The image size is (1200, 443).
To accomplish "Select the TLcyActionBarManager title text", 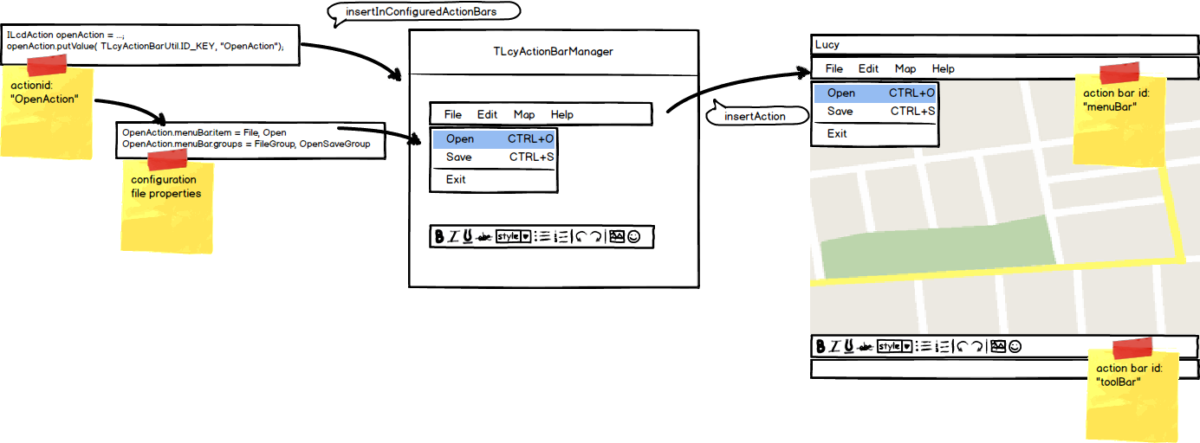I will [x=553, y=52].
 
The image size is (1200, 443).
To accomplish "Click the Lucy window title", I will [x=827, y=45].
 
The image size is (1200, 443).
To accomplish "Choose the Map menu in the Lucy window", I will [x=905, y=69].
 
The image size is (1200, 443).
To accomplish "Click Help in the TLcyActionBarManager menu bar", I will [x=561, y=114].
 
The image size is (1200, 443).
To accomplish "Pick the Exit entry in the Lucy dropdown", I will [x=837, y=134].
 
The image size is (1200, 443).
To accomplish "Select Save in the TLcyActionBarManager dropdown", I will [x=458, y=157].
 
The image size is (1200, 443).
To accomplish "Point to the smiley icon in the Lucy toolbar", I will [x=1015, y=346].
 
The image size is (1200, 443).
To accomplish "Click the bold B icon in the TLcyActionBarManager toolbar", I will [x=439, y=236].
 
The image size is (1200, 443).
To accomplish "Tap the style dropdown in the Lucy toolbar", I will [x=895, y=346].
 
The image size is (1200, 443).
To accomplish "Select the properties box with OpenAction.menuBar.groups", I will [x=250, y=138].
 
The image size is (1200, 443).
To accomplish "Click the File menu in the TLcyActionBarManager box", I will [x=453, y=114].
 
